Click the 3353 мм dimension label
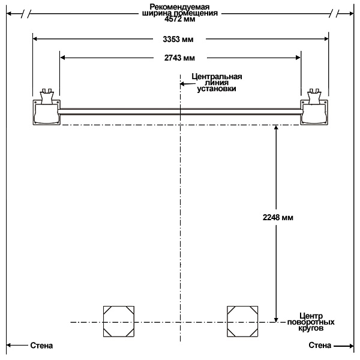(178, 39)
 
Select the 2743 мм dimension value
(179, 58)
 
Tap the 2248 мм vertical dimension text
(278, 217)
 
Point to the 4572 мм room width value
(180, 19)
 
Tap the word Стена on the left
(41, 346)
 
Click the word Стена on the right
(320, 345)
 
